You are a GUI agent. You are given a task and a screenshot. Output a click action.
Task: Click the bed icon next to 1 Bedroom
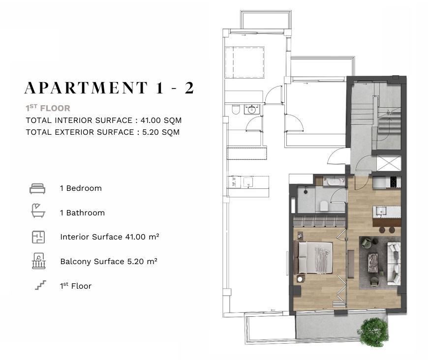[x=37, y=188]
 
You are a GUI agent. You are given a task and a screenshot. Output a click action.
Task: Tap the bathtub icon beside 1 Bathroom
[x=38, y=210]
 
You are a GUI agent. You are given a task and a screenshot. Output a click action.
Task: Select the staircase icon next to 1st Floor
[x=40, y=285]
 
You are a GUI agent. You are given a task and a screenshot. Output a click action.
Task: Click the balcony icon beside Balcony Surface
[x=39, y=261]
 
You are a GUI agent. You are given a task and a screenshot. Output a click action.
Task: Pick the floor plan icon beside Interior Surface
[x=38, y=237]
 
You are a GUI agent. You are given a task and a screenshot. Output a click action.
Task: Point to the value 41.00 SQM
[x=161, y=120]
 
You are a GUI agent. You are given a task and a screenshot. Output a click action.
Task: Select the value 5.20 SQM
[x=161, y=132]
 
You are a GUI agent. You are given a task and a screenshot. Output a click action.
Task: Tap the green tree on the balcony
[x=374, y=331]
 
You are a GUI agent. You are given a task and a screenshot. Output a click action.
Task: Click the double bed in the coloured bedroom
[x=315, y=258]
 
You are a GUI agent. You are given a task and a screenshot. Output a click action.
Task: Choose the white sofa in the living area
[x=394, y=264]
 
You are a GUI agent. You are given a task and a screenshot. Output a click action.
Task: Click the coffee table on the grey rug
[x=373, y=263]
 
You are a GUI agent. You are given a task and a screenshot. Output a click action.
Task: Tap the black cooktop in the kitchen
[x=394, y=182]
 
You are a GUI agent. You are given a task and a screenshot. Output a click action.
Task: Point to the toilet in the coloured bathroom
[x=324, y=206]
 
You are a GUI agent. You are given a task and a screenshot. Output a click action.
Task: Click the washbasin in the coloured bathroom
[x=334, y=181]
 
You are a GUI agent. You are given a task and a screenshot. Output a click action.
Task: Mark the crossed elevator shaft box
[x=389, y=163]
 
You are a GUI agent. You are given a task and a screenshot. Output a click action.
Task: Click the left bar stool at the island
[x=382, y=230]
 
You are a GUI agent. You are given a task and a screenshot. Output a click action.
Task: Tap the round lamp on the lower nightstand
[x=300, y=279]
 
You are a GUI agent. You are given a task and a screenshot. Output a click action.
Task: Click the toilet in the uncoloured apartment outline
[x=236, y=110]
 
